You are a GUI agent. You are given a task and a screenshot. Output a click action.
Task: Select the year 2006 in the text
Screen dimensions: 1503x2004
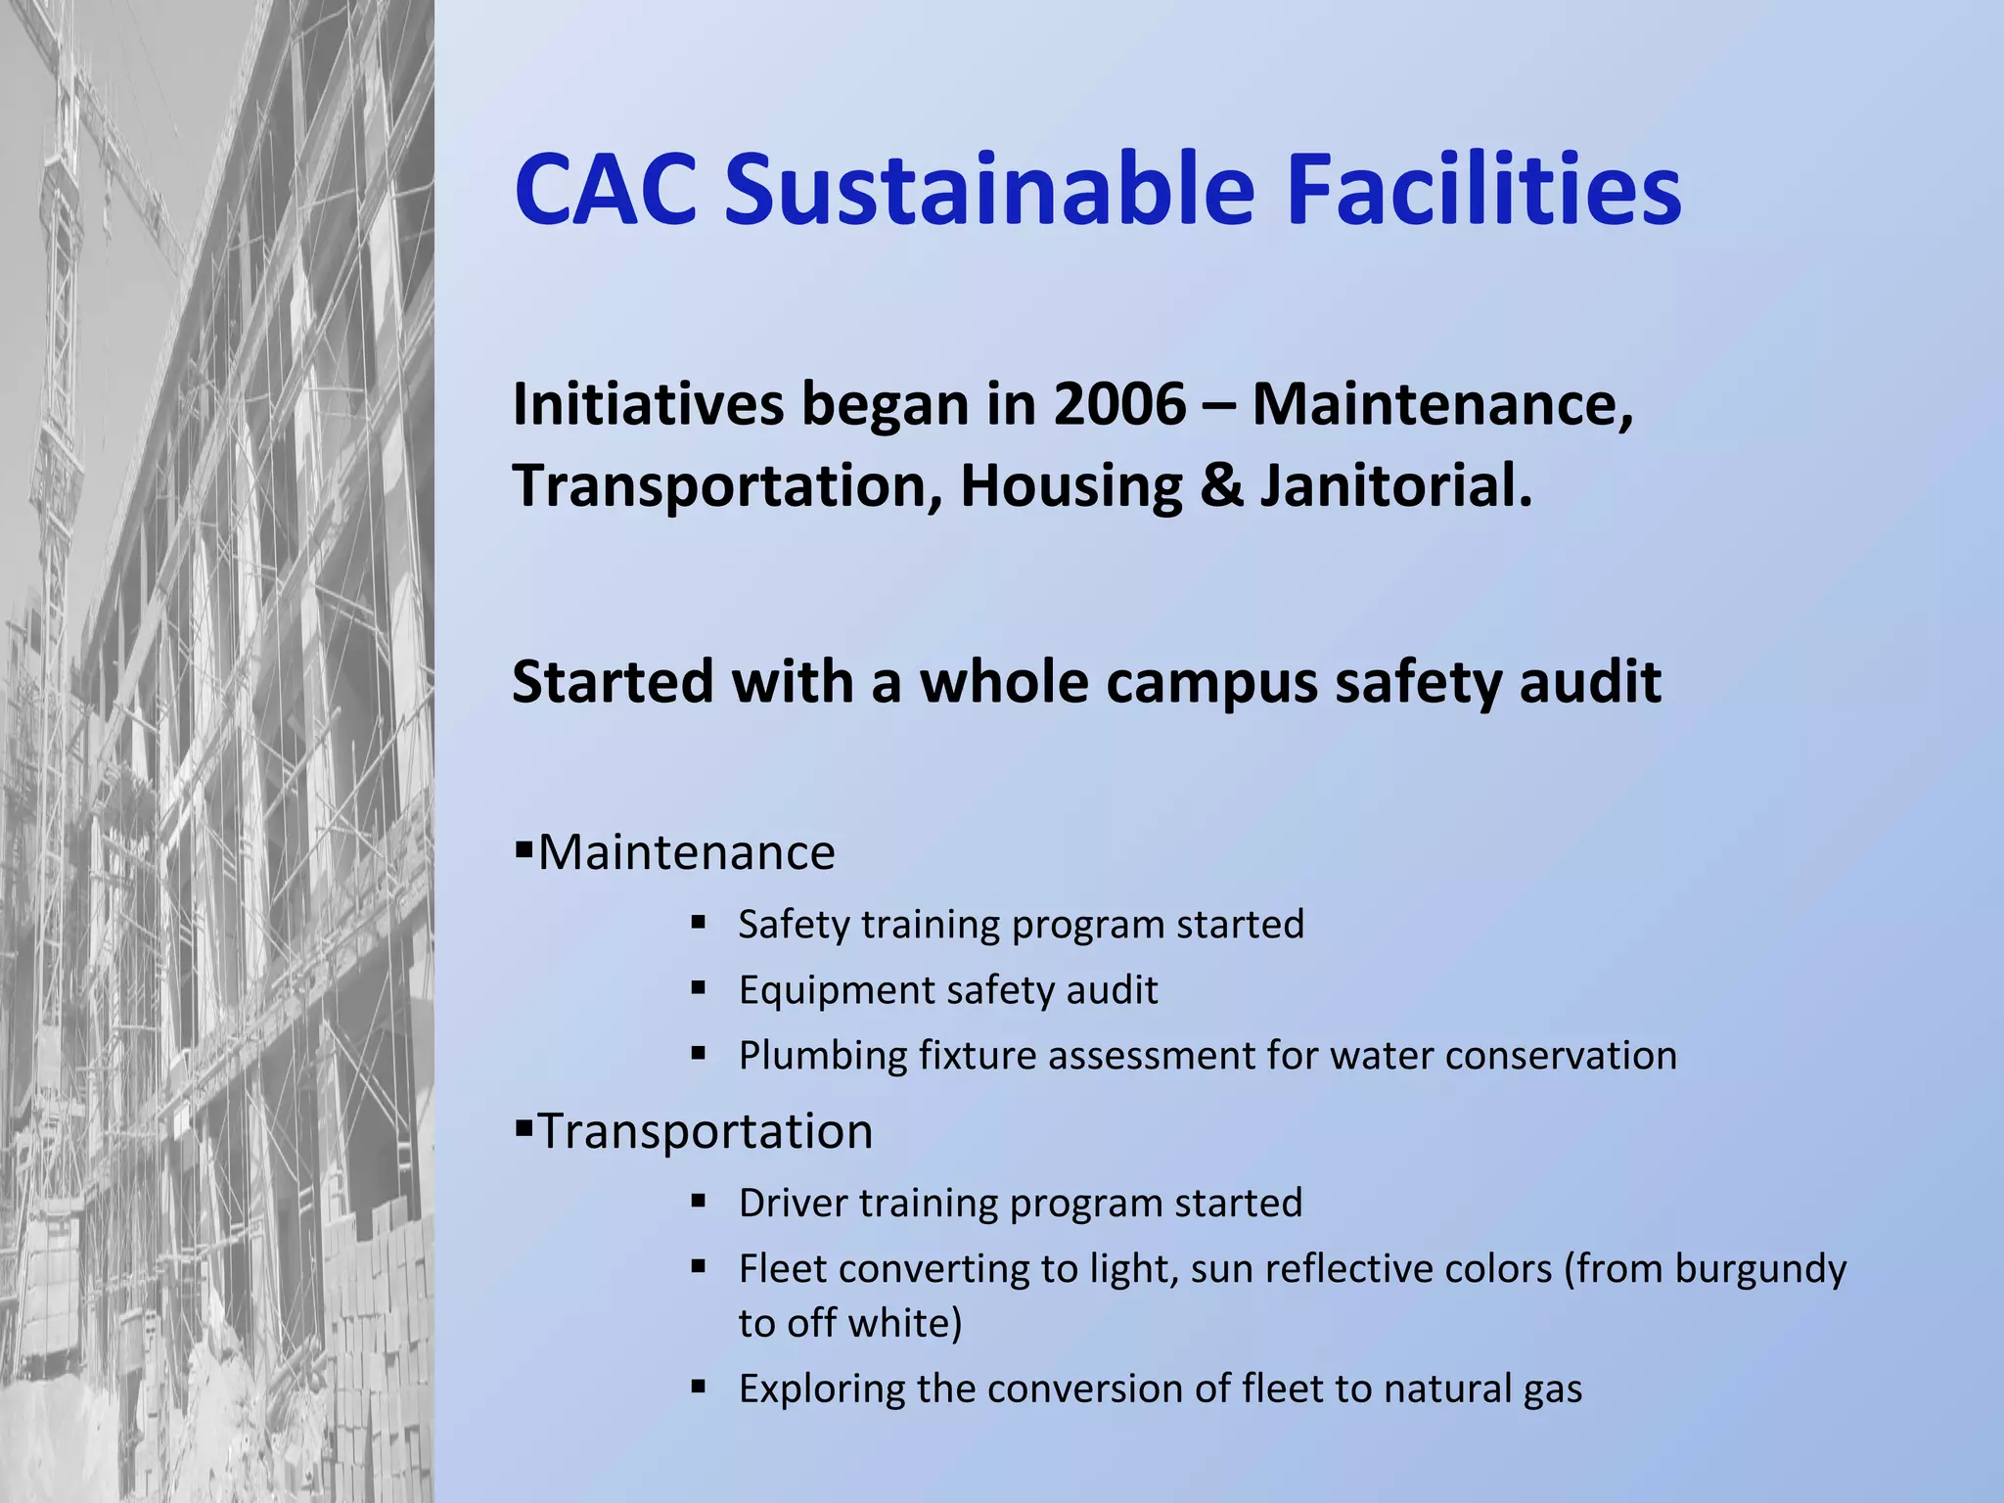click(1119, 404)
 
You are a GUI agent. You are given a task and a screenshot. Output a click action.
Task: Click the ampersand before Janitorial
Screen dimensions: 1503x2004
click(1221, 486)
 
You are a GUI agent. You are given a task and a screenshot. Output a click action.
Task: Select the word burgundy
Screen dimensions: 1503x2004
click(1759, 1270)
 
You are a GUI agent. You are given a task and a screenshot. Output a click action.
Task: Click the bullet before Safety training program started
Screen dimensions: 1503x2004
click(698, 922)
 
